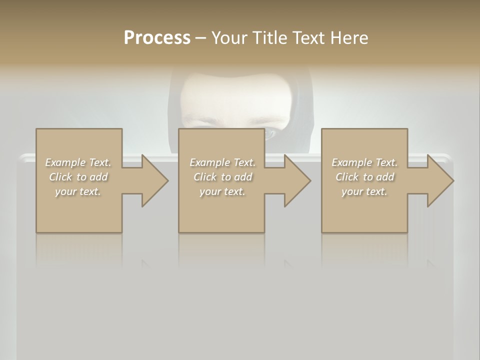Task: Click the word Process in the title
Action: tap(157, 37)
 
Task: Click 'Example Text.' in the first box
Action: tap(78, 162)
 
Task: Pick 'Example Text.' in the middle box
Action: tap(222, 162)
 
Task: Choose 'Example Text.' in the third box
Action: tap(364, 162)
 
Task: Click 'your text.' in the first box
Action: tap(78, 191)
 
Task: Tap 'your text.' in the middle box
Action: tap(222, 191)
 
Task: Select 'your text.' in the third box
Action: tap(364, 191)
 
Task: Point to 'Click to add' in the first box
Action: tap(78, 177)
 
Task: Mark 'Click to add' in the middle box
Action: tap(222, 177)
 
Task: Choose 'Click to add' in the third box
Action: tap(364, 177)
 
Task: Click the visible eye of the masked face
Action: tap(270, 133)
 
